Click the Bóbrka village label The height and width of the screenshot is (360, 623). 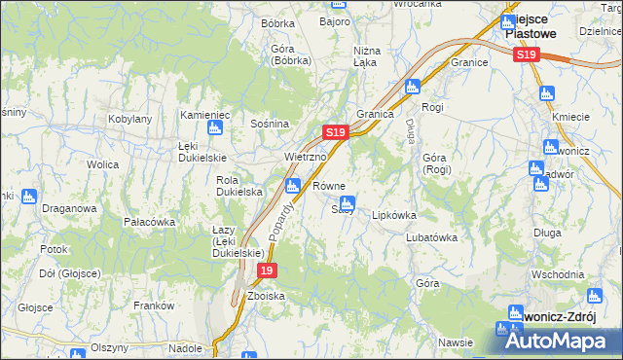click(x=277, y=22)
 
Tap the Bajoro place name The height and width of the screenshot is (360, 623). click(x=336, y=19)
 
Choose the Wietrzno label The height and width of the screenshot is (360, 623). click(x=303, y=156)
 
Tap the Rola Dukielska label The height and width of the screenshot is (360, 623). click(x=239, y=186)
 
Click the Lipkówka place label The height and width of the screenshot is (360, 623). click(x=394, y=215)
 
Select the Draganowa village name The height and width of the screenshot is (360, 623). click(x=68, y=208)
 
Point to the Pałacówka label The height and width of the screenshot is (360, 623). click(x=149, y=222)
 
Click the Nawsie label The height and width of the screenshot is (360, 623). click(x=456, y=342)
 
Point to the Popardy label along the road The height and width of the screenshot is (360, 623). click(x=285, y=216)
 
